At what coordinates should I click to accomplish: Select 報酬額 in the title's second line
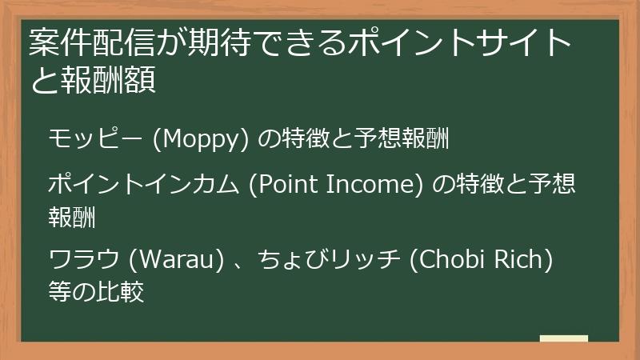[107, 81]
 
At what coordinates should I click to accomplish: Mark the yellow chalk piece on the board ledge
[563, 338]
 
